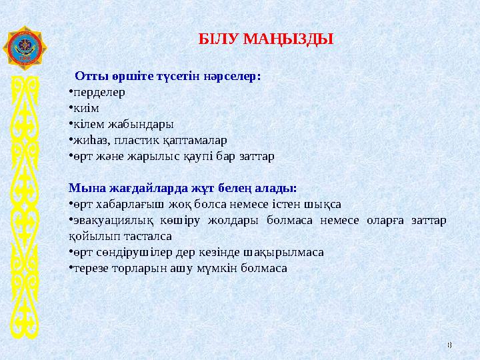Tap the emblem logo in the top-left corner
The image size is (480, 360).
point(25,48)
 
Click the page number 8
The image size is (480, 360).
point(449,344)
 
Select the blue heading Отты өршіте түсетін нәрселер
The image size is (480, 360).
point(168,75)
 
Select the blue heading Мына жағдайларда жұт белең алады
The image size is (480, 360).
point(183,188)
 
